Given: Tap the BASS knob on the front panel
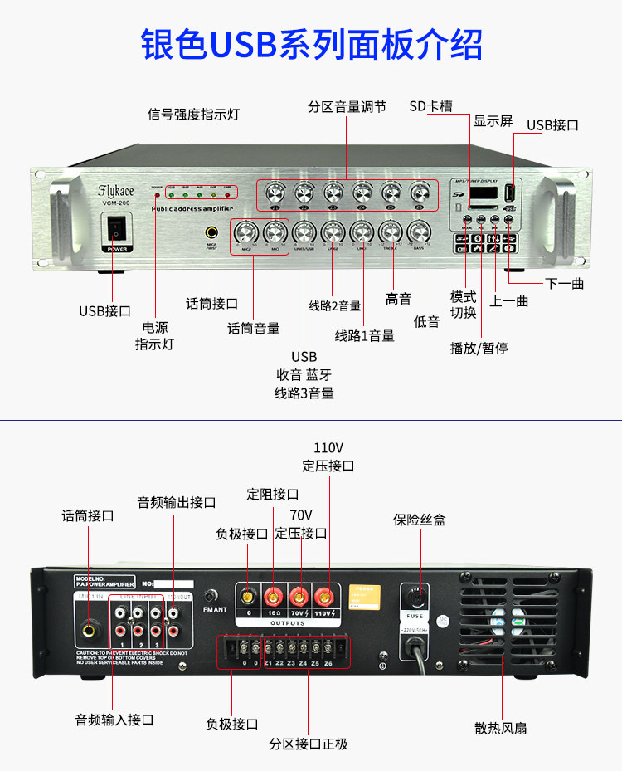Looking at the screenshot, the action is [x=420, y=232].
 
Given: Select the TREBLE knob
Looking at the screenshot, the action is [x=391, y=232].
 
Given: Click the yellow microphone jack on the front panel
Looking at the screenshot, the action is [x=212, y=234].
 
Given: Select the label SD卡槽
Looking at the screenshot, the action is [x=430, y=106].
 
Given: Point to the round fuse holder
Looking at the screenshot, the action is [x=415, y=597].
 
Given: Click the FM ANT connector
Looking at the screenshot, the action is [x=211, y=595].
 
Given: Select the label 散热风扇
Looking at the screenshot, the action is [x=501, y=728].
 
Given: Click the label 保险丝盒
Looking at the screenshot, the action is [x=420, y=520].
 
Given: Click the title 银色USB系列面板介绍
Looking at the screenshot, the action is [x=311, y=44].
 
